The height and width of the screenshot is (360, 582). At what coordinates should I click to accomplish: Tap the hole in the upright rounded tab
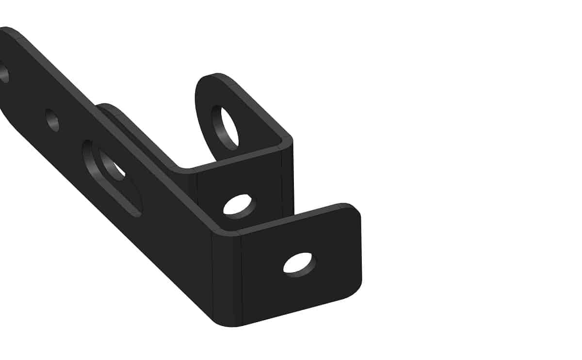(x=225, y=127)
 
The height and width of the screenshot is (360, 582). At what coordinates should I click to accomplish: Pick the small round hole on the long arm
(x=52, y=120)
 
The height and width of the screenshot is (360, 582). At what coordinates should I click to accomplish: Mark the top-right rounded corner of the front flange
(x=353, y=210)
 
